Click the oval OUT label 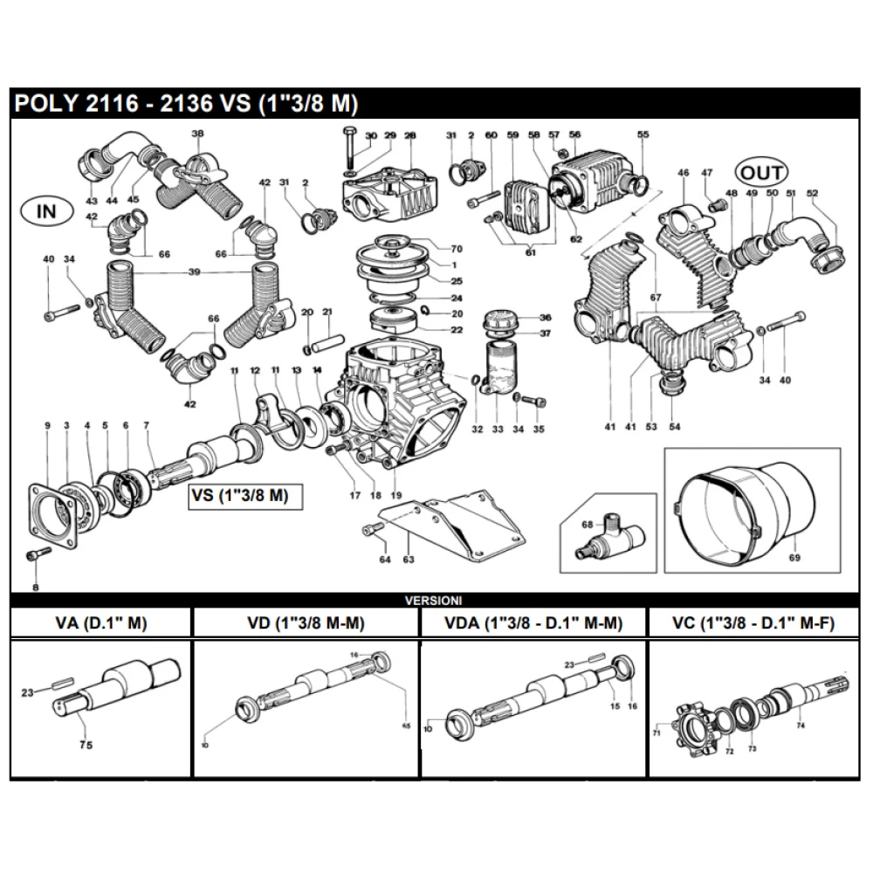click(760, 171)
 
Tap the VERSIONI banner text click(433, 601)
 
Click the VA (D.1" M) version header click(100, 622)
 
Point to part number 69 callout click(794, 556)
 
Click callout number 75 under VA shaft click(86, 745)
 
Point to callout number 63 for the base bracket click(407, 560)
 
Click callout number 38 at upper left click(197, 134)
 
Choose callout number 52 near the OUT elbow click(813, 193)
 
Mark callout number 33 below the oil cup click(498, 429)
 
